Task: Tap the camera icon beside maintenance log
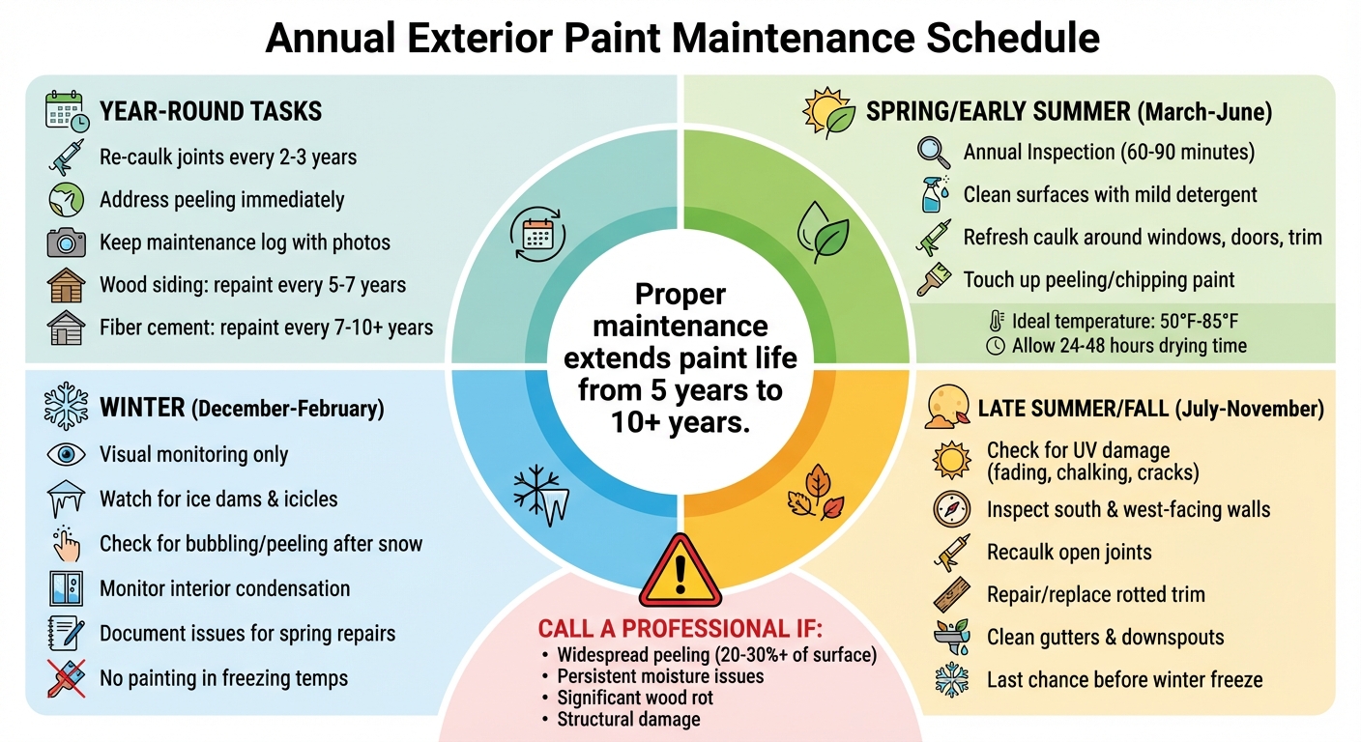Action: tap(66, 242)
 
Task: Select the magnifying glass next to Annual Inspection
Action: tap(935, 153)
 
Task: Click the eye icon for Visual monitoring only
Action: tap(66, 454)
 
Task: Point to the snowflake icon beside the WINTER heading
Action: tap(66, 408)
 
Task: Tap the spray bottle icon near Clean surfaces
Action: tap(935, 195)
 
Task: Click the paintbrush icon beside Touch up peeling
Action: tap(935, 280)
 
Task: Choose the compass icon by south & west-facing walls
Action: tap(951, 509)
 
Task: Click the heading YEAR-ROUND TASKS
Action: tap(211, 111)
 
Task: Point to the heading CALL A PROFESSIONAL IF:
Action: tap(680, 630)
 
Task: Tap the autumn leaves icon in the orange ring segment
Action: tap(815, 492)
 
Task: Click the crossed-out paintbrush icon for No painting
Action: tap(66, 678)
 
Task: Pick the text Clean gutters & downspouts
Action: tap(1105, 638)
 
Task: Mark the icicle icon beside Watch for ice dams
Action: tap(66, 499)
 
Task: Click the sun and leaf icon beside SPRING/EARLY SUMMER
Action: tap(828, 113)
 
